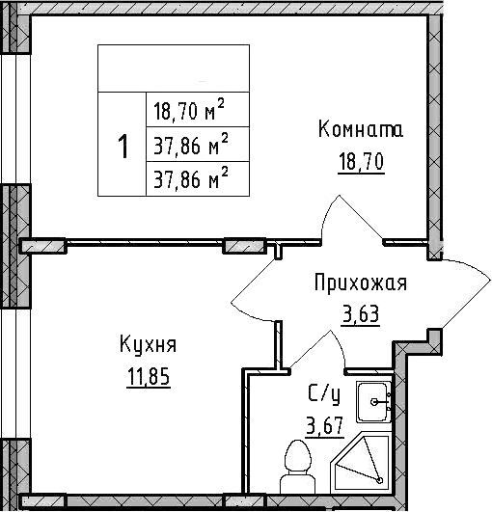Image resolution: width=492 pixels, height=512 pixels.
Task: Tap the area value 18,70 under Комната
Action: click(361, 161)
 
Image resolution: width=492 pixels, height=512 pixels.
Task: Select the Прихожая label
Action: click(361, 283)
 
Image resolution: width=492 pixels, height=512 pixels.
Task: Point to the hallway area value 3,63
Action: click(360, 313)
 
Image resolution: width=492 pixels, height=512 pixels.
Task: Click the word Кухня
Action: click(148, 345)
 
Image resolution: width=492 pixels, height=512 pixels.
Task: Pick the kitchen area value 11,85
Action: click(148, 375)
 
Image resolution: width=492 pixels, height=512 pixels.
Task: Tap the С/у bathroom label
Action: click(323, 393)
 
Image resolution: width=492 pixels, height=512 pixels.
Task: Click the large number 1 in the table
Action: click(123, 148)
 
